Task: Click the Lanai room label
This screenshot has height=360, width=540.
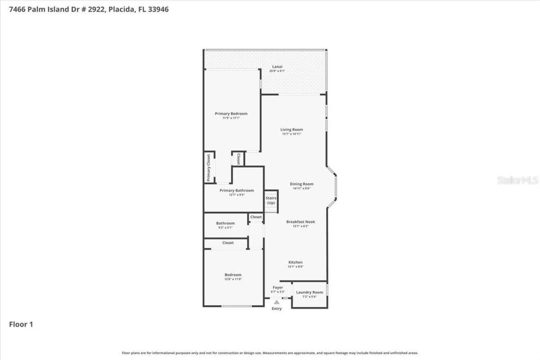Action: [277, 67]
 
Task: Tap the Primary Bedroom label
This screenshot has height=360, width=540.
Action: [231, 114]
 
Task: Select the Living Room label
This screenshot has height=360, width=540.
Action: [292, 130]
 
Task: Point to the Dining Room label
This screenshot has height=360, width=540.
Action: [302, 184]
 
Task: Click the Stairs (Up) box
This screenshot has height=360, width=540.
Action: [271, 200]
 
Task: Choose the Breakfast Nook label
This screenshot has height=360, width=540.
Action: [300, 222]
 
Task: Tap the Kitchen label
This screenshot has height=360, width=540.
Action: [295, 262]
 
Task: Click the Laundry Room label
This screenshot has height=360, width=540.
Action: [309, 292]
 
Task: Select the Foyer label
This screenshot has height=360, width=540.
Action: [278, 287]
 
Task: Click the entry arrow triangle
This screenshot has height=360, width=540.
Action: [276, 302]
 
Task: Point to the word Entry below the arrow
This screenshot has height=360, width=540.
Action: [276, 309]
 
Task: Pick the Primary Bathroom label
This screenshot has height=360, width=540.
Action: [237, 190]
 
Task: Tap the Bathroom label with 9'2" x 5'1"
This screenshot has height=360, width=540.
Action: [225, 223]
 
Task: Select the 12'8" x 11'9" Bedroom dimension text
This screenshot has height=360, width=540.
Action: [233, 279]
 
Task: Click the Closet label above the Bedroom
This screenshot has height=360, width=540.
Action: [228, 243]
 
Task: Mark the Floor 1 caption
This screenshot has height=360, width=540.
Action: [21, 325]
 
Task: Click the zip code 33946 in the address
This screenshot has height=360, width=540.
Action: [156, 9]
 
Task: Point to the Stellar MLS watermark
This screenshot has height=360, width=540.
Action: [518, 180]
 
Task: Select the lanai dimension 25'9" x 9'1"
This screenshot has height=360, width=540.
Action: [277, 71]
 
